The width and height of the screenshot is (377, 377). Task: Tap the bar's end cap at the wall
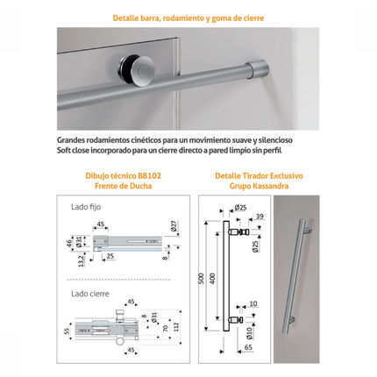coord(258,69)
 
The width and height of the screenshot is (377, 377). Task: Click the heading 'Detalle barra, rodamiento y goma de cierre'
coord(188,18)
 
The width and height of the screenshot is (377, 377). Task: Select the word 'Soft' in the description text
coord(64,151)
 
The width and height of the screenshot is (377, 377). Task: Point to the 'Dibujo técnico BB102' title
coord(124,176)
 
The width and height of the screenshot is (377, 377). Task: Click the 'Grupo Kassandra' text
coord(259,186)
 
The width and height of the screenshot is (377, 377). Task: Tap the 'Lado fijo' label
coord(86,207)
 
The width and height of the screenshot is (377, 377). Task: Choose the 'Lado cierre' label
coord(90,294)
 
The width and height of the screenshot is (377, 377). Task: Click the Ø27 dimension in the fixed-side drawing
coord(174,225)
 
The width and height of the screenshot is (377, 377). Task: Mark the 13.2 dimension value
coord(82,260)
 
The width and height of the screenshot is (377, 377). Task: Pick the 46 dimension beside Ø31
coord(69,243)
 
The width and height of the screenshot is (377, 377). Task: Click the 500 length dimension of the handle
coord(201,279)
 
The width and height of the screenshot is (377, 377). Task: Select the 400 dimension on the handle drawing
coord(212,279)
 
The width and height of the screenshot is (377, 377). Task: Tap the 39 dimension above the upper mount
coord(260,217)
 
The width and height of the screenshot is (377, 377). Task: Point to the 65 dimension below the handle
coord(248,347)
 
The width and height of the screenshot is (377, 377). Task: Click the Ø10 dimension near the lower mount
coord(249,333)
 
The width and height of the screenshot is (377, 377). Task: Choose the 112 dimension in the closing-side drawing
coord(175,327)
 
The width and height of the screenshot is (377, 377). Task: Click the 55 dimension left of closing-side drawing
coord(67,331)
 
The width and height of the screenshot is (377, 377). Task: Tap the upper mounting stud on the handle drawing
coord(239,232)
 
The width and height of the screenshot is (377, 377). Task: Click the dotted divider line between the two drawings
coord(118,280)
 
